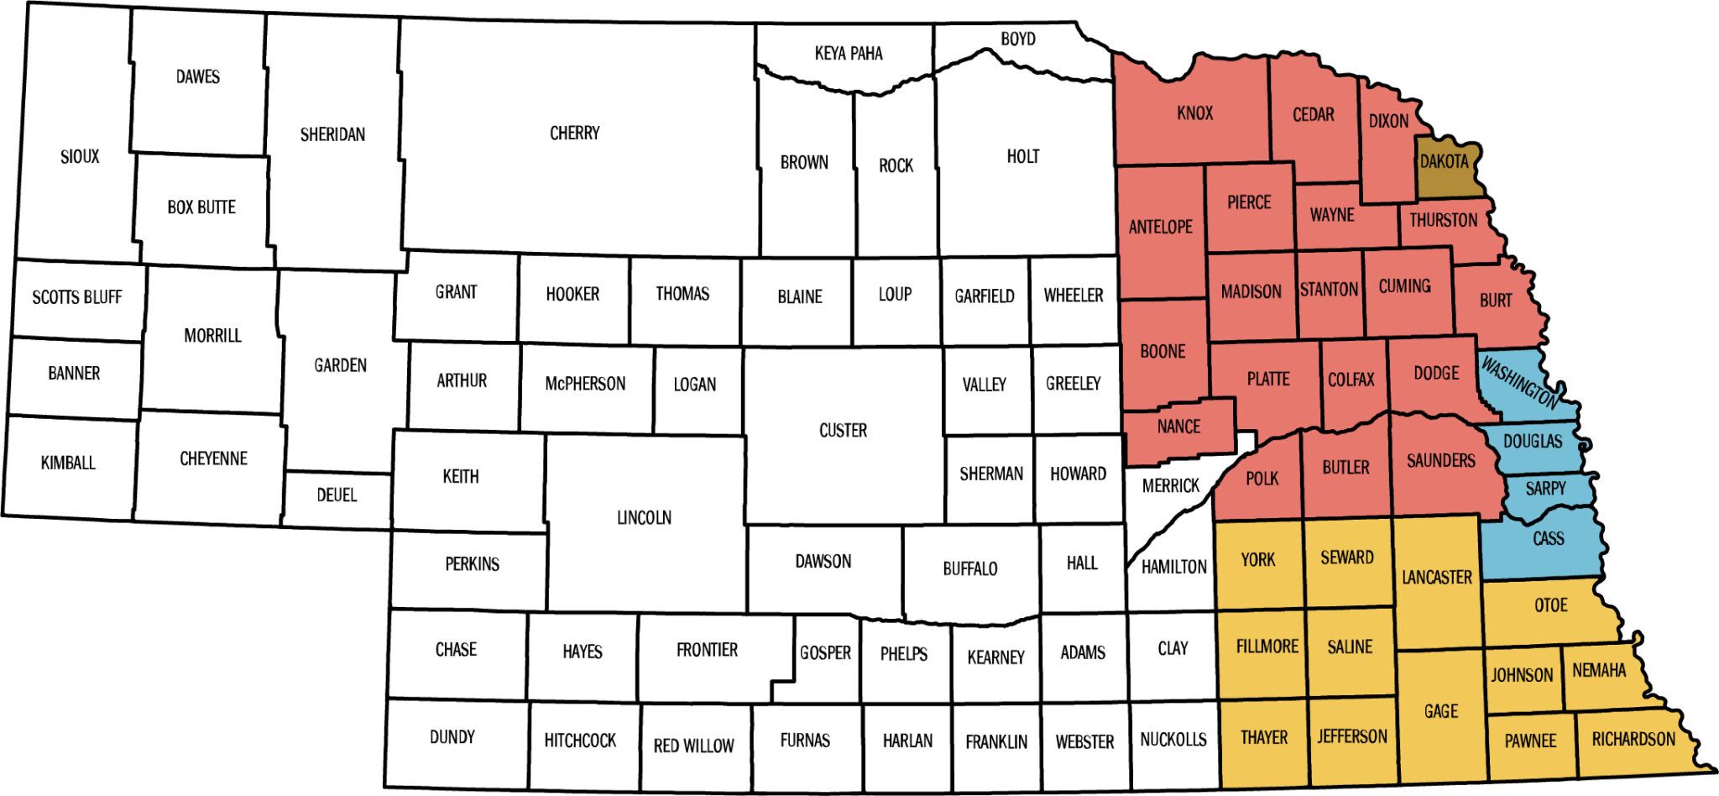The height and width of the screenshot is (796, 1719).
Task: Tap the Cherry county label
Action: (x=575, y=133)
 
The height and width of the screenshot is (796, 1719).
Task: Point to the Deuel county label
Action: (x=337, y=495)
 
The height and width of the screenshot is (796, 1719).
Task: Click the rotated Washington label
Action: (x=1519, y=383)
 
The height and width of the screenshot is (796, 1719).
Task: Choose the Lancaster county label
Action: (x=1437, y=577)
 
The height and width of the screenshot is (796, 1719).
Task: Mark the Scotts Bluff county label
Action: (x=77, y=296)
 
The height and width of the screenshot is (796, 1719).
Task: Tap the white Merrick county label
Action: (x=1171, y=485)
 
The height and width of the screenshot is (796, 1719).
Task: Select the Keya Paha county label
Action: (x=849, y=54)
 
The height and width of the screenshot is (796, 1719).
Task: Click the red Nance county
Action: (x=1178, y=427)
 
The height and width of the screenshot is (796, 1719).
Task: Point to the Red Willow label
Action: (x=693, y=745)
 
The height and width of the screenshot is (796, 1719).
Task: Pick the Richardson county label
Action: (x=1633, y=739)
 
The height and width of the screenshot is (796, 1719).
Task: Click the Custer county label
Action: (x=843, y=430)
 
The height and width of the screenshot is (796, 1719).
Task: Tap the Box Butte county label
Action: (x=201, y=207)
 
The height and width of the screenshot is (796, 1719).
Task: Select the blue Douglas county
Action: (x=1533, y=441)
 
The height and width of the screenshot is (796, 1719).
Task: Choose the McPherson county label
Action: (x=585, y=384)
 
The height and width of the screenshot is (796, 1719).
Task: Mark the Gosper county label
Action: (x=825, y=652)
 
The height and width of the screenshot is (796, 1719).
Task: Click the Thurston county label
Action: (x=1444, y=220)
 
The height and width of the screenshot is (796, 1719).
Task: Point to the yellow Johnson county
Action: (x=1522, y=675)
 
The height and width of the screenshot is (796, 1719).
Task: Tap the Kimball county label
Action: (x=68, y=462)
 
